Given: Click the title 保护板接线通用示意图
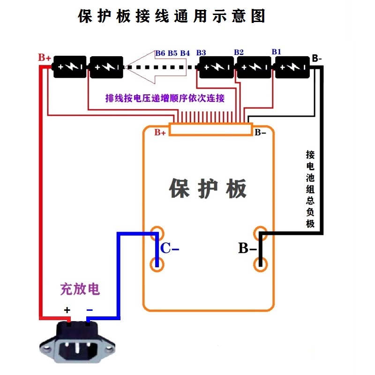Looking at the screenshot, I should [x=172, y=16].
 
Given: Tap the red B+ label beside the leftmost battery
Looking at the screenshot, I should [x=45, y=58].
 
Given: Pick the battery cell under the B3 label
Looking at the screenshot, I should [x=216, y=67].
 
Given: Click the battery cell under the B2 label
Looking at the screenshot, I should [x=254, y=67].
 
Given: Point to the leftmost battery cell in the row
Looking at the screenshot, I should [x=69, y=67].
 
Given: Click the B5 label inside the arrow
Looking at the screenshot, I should [x=172, y=53].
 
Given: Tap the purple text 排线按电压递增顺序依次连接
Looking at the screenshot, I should [x=165, y=98].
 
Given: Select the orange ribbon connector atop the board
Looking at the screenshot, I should [x=210, y=129].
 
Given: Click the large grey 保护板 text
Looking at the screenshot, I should [x=208, y=188].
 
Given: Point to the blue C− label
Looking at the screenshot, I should [x=170, y=248].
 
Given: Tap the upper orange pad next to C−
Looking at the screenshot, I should [x=157, y=233].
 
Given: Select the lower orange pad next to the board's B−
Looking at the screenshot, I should [x=261, y=264].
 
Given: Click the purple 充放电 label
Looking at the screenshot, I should [x=80, y=289].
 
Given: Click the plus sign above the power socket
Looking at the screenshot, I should [x=67, y=310].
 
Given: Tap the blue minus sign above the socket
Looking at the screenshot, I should [x=90, y=310].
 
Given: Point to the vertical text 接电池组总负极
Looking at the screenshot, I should [x=310, y=189].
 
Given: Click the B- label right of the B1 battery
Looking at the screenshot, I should [x=317, y=59].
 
